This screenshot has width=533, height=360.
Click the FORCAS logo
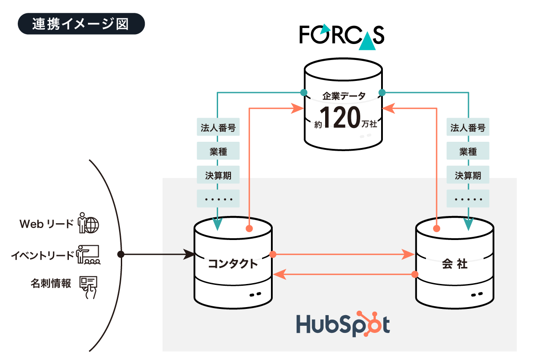click(x=342, y=35)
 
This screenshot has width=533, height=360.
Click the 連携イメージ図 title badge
click(x=81, y=24)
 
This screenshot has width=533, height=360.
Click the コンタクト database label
click(x=233, y=264)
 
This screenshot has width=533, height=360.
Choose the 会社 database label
click(x=454, y=264)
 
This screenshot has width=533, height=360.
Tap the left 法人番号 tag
click(x=218, y=128)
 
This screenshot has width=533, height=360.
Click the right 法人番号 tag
click(x=468, y=128)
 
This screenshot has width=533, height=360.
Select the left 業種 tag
click(x=218, y=152)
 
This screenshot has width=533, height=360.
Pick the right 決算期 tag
click(x=468, y=175)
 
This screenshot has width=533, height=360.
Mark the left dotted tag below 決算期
click(x=218, y=199)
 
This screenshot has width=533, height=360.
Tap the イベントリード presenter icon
click(x=88, y=255)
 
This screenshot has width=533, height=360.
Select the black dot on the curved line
click(x=120, y=254)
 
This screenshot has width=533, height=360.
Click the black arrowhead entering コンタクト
click(x=190, y=254)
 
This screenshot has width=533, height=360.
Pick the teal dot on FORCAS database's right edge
click(x=382, y=92)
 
